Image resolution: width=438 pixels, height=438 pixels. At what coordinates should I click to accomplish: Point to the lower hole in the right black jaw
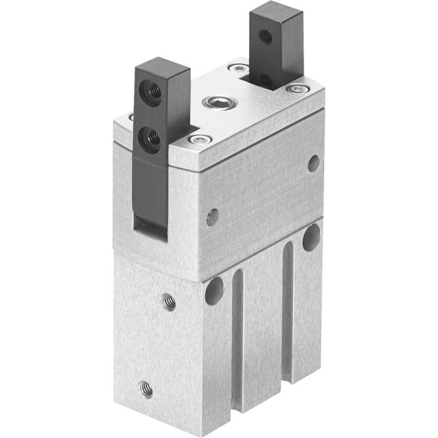click(x=266, y=80)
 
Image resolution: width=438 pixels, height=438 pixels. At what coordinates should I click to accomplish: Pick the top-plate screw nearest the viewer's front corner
click(x=199, y=140)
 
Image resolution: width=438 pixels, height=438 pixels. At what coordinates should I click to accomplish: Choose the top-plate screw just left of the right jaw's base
click(x=238, y=67)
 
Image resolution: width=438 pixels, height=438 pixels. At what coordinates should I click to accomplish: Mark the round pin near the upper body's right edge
click(x=313, y=163)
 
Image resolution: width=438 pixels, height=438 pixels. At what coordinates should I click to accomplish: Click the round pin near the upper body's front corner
click(x=213, y=218)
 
